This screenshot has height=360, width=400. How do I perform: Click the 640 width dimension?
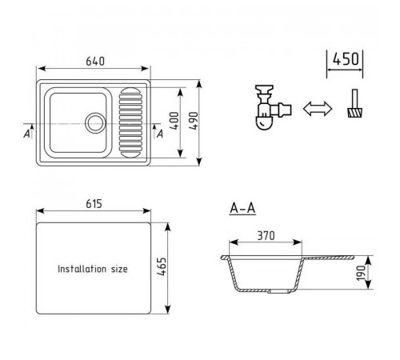[95, 62]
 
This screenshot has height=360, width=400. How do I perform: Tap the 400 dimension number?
[174, 121]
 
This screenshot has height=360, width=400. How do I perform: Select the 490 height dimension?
[194, 121]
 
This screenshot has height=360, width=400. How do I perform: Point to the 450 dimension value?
[346, 59]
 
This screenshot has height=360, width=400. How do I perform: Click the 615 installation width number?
[94, 204]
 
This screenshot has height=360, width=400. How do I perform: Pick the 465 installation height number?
[162, 266]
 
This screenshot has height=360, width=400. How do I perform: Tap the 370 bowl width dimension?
[266, 236]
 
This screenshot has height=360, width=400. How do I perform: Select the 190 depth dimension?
[361, 273]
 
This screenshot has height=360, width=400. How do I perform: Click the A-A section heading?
[242, 209]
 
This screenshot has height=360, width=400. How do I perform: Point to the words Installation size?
[93, 269]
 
